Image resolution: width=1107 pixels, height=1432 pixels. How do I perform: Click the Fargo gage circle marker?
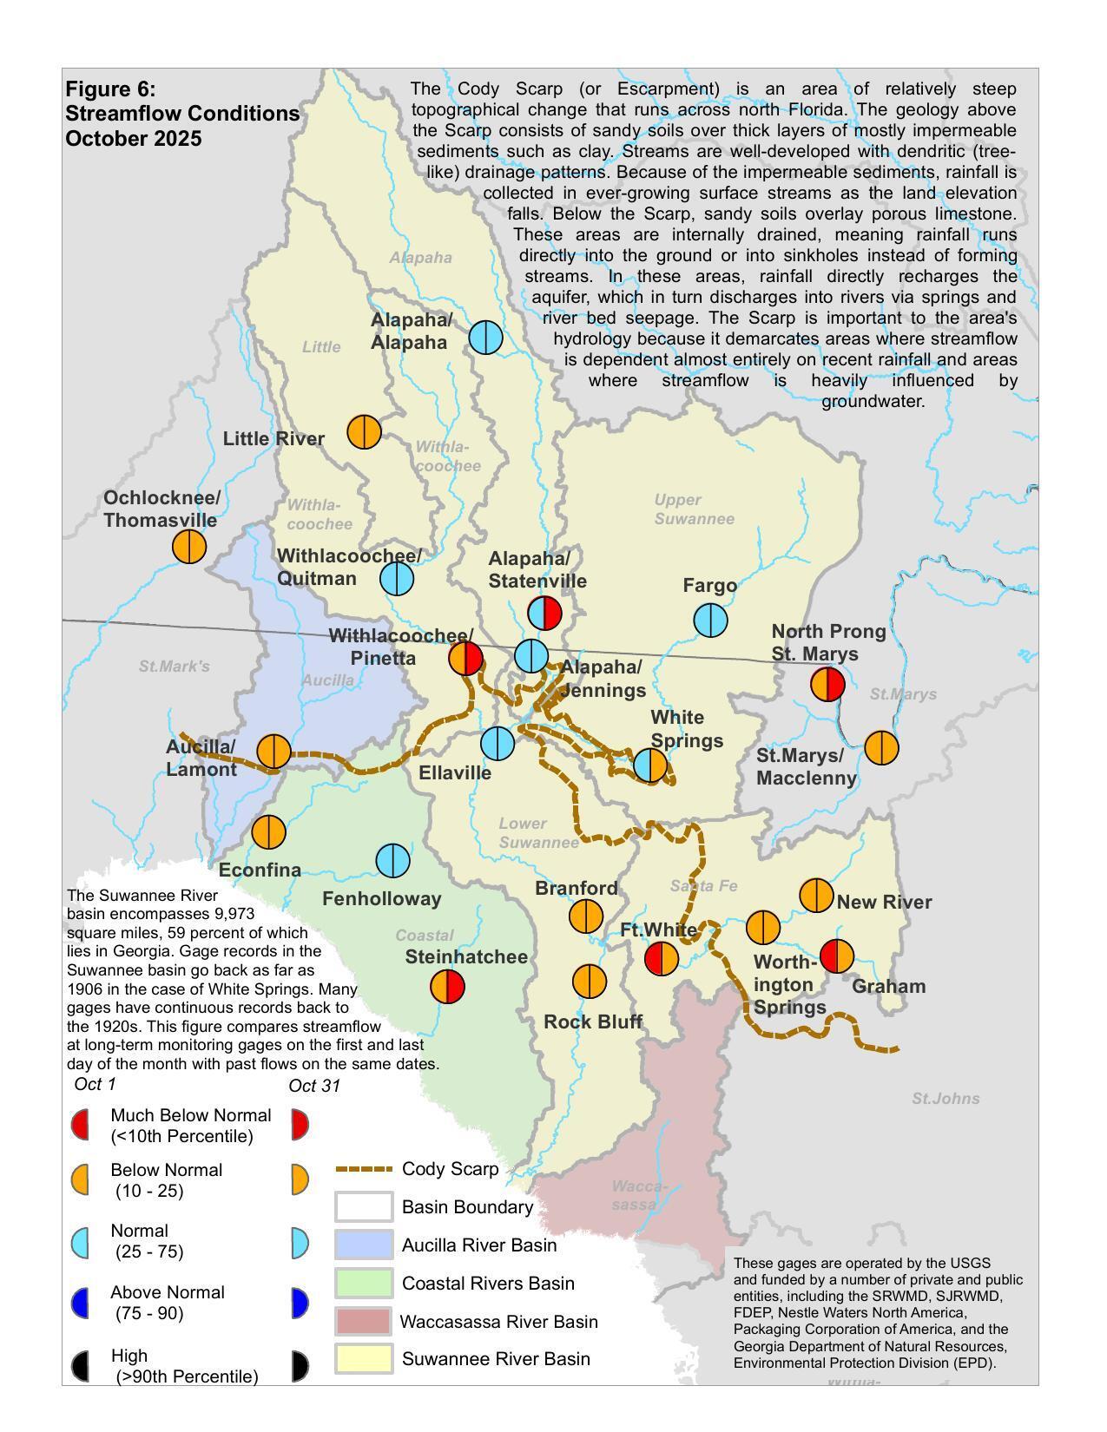coord(710,621)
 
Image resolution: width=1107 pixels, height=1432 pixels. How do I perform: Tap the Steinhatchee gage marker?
coord(448,987)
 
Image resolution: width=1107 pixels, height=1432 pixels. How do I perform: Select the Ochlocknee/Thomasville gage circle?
coord(188,547)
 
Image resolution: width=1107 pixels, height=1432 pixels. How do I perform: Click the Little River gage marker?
coord(364,431)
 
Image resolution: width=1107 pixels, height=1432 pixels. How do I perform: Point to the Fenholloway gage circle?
coord(392,861)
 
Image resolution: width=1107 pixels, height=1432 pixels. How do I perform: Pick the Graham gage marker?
coord(837,956)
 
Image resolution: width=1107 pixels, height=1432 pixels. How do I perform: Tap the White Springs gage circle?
coord(650,765)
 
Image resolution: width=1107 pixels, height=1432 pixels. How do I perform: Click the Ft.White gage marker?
coord(662,959)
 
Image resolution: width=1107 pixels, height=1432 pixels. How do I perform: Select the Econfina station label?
coord(260,870)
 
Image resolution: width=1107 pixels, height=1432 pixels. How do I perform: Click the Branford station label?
coord(577,888)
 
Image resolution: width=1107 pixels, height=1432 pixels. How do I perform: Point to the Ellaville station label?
coord(454,772)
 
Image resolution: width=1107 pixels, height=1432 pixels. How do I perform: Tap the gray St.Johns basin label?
coord(946,1099)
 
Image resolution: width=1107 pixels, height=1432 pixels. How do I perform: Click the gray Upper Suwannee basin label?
coord(694,509)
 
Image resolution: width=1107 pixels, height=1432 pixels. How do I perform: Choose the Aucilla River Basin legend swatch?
coord(363,1245)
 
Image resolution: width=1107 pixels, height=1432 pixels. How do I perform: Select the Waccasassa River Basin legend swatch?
coord(363,1322)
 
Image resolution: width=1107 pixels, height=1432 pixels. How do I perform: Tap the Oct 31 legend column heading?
coord(314,1086)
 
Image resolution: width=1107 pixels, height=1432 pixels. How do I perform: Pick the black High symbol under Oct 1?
coord(80,1366)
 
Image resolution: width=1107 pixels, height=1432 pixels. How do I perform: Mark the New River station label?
coord(884,902)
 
